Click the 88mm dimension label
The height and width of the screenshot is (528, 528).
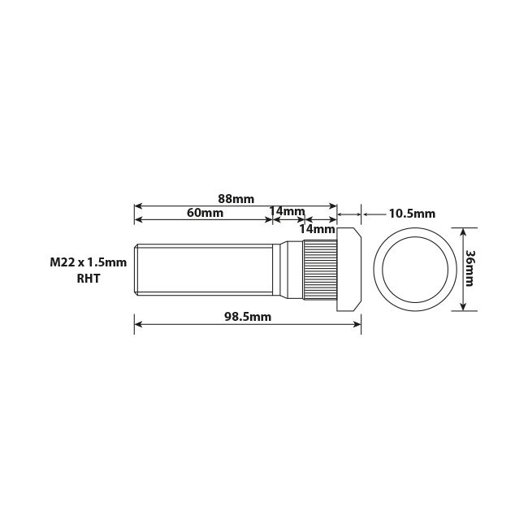[236, 197]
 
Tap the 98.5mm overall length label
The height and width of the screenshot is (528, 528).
[248, 317]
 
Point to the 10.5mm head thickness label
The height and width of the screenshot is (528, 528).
[412, 214]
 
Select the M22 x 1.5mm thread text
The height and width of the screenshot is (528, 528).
[89, 262]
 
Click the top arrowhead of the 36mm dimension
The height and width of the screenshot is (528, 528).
[463, 232]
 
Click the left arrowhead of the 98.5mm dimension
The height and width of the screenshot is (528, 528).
[138, 324]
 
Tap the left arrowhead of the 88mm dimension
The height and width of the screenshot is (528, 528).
[138, 206]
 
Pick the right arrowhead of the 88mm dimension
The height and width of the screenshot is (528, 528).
[333, 206]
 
